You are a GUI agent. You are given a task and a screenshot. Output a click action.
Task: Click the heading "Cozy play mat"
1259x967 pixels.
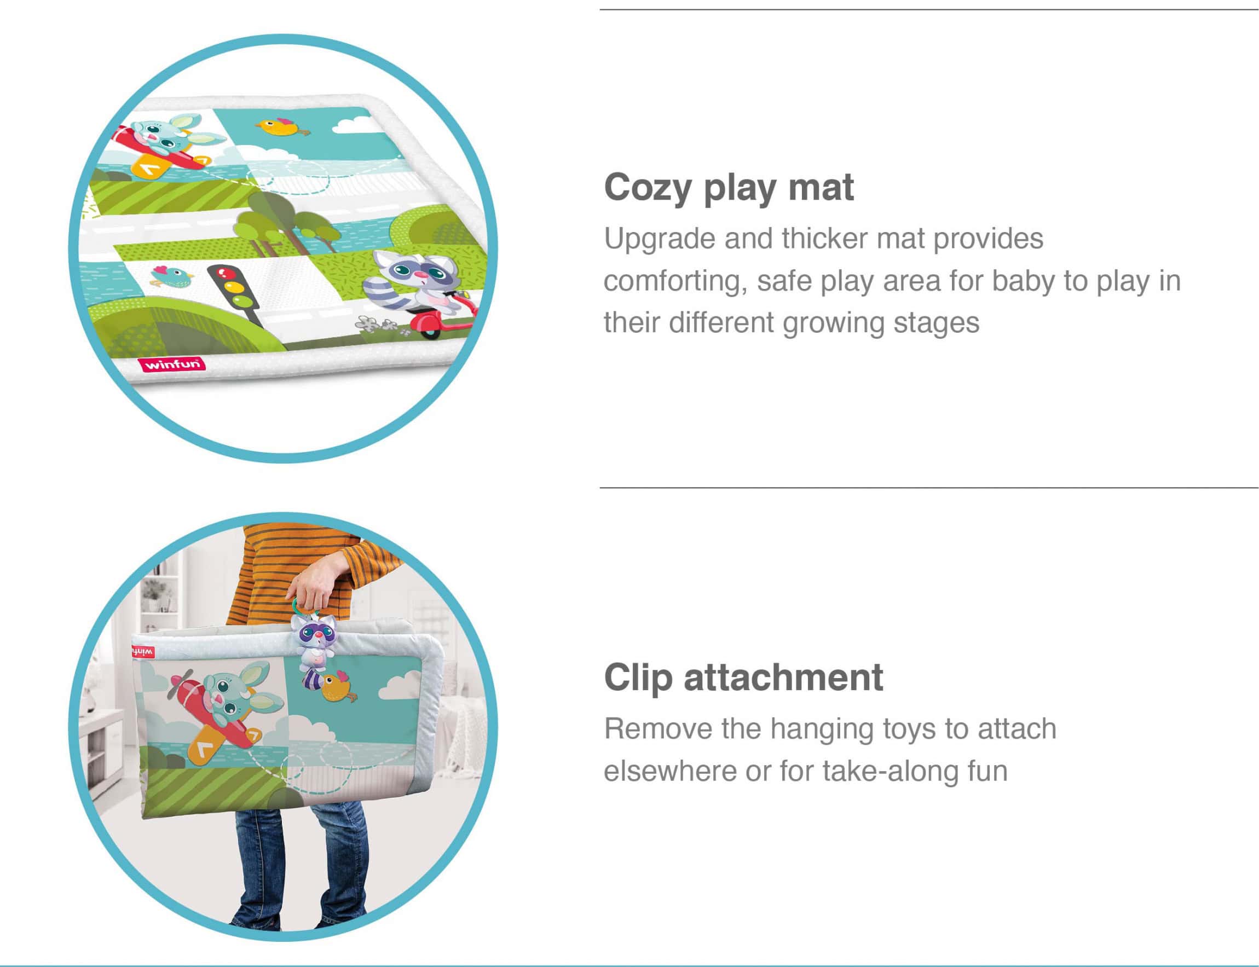[x=729, y=188]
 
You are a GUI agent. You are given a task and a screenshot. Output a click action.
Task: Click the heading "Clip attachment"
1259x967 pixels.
[x=743, y=677]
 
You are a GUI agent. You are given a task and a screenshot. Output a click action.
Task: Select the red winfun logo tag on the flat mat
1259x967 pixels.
[x=171, y=364]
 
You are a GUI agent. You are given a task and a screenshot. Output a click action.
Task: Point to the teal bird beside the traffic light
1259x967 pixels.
[x=171, y=277]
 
